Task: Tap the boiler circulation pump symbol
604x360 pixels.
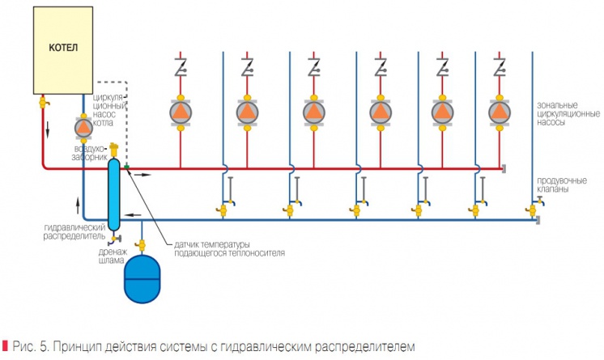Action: click(x=83, y=127)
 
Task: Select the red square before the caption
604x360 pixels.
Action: click(x=6, y=346)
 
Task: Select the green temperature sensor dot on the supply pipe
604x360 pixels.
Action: click(x=127, y=167)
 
